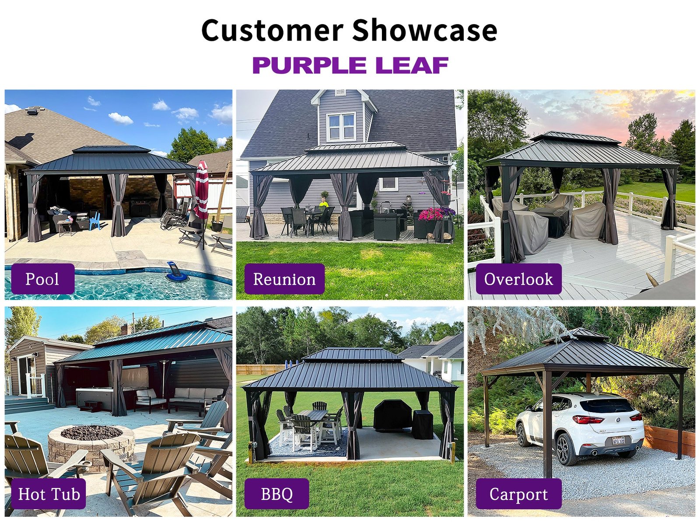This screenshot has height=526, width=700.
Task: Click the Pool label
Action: [x=43, y=279]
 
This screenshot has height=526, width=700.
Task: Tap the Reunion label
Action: [x=284, y=279]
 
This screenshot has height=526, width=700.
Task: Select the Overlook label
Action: [x=518, y=279]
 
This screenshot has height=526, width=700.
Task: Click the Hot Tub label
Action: [x=49, y=494]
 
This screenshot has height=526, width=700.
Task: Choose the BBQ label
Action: [x=277, y=494]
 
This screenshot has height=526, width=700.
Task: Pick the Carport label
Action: [x=518, y=494]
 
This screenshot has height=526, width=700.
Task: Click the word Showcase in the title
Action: [x=424, y=30]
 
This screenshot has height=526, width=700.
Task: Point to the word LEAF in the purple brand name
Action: [x=412, y=65]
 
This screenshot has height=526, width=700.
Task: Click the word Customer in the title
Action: [x=273, y=30]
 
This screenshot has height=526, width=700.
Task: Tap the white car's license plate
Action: [x=618, y=441]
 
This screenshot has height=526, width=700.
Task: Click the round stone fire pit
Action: [x=91, y=446]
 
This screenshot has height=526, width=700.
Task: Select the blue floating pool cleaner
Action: [x=177, y=272]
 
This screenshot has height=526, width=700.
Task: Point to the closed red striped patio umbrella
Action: [x=202, y=191]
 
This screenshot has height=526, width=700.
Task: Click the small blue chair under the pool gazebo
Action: [x=94, y=221]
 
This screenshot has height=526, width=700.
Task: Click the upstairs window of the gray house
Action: [x=341, y=127]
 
